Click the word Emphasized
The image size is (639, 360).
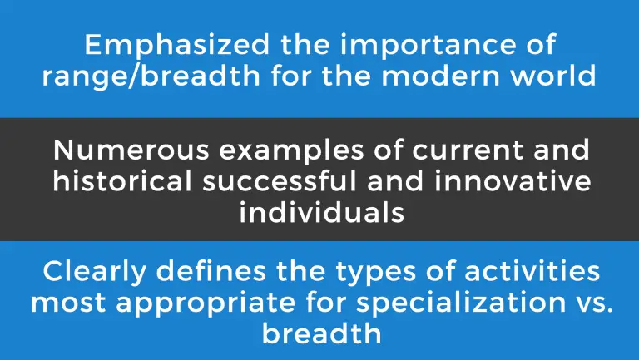click(177, 44)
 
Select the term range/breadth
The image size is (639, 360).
click(151, 76)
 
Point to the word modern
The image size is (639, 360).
click(440, 76)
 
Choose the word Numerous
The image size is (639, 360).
click(131, 150)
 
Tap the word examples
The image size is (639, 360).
click(291, 150)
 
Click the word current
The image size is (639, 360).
click(468, 150)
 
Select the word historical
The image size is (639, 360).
click(122, 180)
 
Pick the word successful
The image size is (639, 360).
click(280, 180)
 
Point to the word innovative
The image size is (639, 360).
click(513, 180)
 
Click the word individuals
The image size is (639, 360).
click(321, 212)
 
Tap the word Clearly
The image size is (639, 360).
click(94, 272)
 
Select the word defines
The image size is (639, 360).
click(211, 271)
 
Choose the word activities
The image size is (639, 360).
click(532, 271)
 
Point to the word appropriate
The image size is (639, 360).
click(206, 303)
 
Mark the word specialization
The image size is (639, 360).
click(461, 303)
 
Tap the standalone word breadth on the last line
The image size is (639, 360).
click(321, 333)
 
